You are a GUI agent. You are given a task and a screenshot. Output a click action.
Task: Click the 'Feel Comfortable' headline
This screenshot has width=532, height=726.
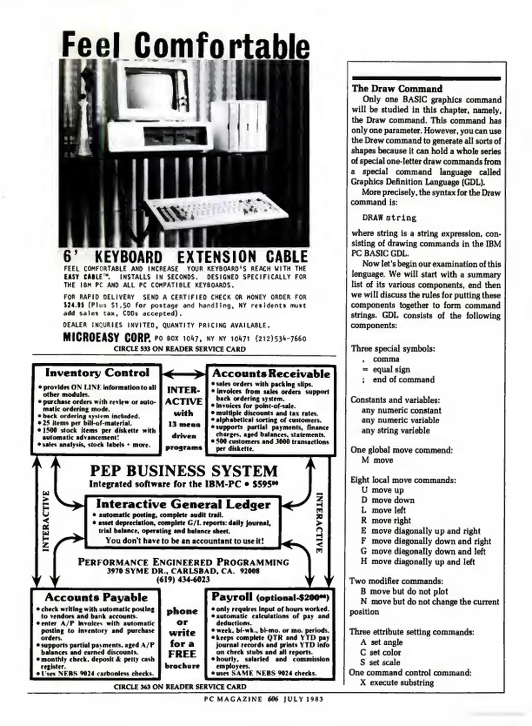pyautogui.click(x=186, y=45)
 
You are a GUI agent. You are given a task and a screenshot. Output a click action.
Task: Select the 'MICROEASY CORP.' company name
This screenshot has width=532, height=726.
pyautogui.click(x=107, y=337)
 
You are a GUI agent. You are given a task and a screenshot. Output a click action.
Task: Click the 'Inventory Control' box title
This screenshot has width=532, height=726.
pyautogui.click(x=97, y=373)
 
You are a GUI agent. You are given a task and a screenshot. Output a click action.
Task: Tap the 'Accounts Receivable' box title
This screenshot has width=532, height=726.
pyautogui.click(x=271, y=373)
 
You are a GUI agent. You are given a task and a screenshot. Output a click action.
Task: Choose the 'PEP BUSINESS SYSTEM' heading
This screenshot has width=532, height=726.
pyautogui.click(x=184, y=471)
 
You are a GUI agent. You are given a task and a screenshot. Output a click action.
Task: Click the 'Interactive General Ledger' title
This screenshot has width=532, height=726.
pyautogui.click(x=183, y=504)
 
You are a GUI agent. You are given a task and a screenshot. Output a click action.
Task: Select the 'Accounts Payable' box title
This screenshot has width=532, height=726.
pyautogui.click(x=96, y=597)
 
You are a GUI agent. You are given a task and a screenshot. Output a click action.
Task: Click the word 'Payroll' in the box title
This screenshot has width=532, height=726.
pyautogui.click(x=232, y=597)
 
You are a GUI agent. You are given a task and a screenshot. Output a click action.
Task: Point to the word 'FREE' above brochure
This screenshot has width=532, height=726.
pyautogui.click(x=182, y=654)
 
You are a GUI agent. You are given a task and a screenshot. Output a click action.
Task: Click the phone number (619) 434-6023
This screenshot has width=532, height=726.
pyautogui.click(x=183, y=579)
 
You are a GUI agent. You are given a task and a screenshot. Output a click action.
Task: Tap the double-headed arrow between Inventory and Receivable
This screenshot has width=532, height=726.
pyautogui.click(x=184, y=374)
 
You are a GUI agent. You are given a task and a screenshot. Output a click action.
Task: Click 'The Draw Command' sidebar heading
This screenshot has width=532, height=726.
pyautogui.click(x=397, y=89)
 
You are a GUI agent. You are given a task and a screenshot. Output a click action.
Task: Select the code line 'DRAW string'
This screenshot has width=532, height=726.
pyautogui.click(x=389, y=218)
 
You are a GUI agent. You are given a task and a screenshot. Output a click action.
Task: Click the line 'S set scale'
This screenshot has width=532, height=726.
pyautogui.click(x=380, y=662)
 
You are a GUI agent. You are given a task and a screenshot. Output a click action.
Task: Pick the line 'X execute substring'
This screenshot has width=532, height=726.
pyautogui.click(x=397, y=683)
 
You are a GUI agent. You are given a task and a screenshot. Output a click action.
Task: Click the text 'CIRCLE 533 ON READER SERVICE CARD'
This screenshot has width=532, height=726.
pyautogui.click(x=180, y=349)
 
